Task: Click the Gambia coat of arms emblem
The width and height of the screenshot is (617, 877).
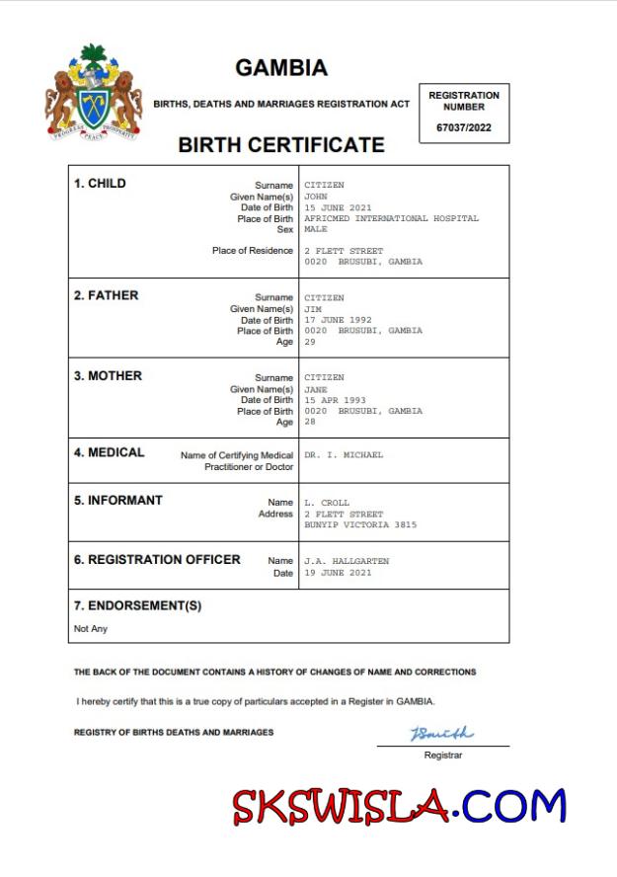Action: [94, 94]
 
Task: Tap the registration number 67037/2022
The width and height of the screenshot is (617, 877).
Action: [464, 127]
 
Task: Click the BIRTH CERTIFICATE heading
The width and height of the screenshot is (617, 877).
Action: [281, 145]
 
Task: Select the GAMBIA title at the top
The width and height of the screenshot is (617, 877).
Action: [281, 68]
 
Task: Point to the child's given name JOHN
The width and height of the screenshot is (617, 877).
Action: [317, 197]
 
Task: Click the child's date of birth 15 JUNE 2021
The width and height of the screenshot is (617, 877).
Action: [338, 207]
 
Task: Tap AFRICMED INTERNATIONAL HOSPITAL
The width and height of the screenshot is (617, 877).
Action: [391, 218]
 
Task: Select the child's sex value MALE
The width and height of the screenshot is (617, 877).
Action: [316, 229]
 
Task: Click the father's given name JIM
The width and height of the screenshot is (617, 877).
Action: [313, 309]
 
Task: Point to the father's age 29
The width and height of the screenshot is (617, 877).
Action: [310, 342]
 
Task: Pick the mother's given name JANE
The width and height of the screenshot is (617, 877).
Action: [316, 389]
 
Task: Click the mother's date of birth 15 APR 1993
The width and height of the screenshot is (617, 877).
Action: [335, 400]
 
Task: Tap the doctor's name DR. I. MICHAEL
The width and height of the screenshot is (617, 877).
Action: [344, 455]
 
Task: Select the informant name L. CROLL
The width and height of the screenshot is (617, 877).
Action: [327, 503]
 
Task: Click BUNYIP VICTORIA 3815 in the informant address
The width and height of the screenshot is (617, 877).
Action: [360, 524]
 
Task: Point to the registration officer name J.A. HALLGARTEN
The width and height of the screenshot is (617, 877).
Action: [347, 561]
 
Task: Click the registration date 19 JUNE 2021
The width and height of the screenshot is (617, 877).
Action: [338, 573]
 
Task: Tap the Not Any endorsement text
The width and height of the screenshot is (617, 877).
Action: [91, 629]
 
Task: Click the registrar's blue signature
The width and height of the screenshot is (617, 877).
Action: [441, 734]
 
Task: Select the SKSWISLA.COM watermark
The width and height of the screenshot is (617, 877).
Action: [400, 807]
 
